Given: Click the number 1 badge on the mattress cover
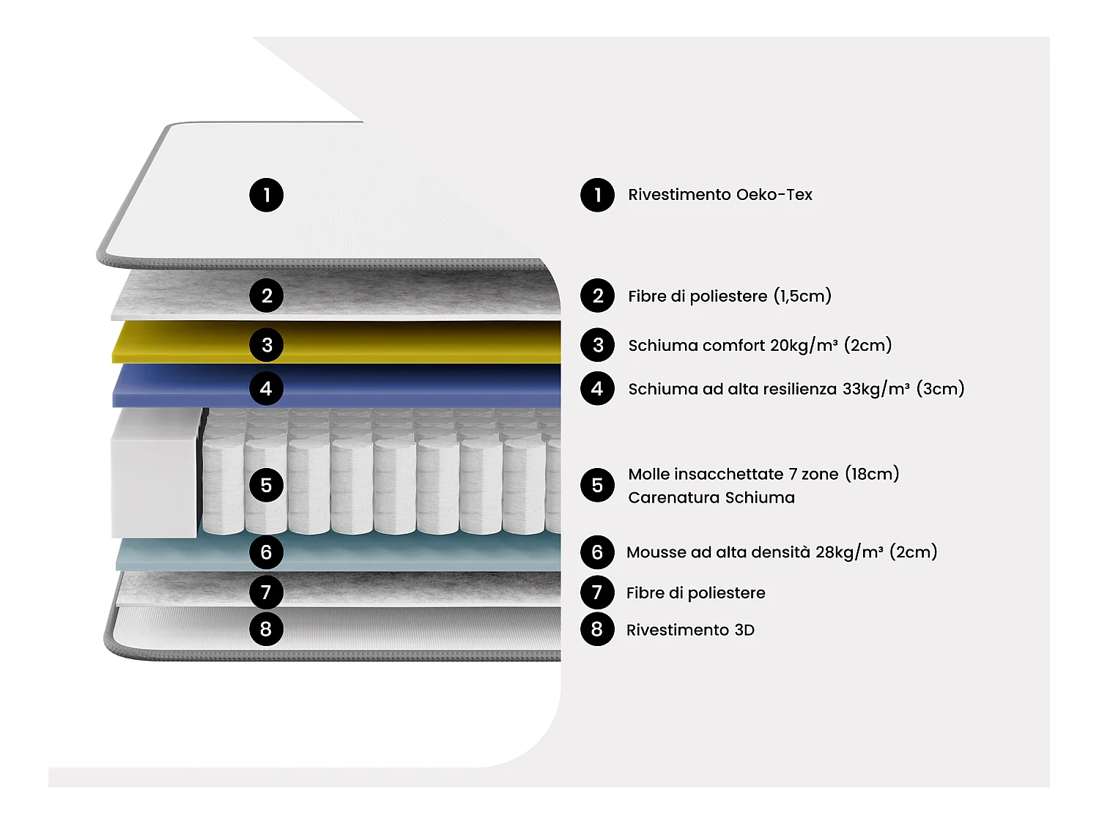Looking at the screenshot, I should point(266,195).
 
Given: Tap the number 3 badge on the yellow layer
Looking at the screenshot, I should point(266,345).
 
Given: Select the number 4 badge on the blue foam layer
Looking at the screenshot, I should point(266,388).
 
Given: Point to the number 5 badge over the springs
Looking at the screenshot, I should point(266,485).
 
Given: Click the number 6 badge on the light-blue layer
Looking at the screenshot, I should point(266,552).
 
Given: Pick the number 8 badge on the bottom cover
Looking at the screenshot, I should point(266,628).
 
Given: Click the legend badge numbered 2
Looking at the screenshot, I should point(597,296).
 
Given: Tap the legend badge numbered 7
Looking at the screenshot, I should point(597,592).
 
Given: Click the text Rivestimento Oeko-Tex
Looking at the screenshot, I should point(719,195).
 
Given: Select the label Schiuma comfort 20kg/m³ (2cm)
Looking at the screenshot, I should point(759,345).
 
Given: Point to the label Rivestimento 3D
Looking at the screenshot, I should point(689,630).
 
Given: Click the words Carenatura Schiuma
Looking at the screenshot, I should point(711,498).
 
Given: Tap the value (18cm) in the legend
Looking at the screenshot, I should point(872,474).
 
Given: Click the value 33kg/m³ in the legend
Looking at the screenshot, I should point(876,388).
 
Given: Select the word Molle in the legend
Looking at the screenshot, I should point(648,474).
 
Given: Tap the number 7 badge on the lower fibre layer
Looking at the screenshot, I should point(266,592).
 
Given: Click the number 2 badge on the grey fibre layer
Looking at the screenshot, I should point(266,296).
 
